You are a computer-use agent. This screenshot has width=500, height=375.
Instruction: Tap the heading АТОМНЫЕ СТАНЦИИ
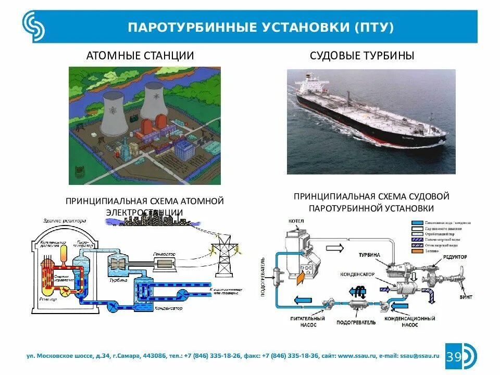click(140, 56)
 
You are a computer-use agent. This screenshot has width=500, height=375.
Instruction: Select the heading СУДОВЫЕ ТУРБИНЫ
click(362, 56)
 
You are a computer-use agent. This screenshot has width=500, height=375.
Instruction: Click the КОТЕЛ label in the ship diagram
click(295, 221)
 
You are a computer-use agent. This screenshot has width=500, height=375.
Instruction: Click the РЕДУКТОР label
click(455, 257)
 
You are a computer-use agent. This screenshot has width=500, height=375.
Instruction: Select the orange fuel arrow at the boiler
click(301, 279)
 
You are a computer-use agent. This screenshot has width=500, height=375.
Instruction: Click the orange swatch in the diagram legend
click(415, 251)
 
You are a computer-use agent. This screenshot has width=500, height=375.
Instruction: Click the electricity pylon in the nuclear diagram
click(224, 255)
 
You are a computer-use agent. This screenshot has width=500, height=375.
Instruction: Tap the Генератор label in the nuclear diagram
click(164, 254)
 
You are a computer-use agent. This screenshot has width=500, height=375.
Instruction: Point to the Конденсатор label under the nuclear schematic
click(168, 309)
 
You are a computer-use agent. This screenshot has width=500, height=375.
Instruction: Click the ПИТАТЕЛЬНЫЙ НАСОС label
click(307, 320)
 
